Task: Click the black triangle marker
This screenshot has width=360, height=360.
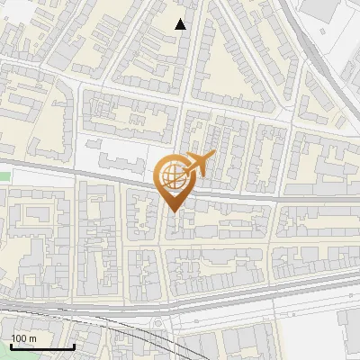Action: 181,24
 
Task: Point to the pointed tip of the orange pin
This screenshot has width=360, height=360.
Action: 173,211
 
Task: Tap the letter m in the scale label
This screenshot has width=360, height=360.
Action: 33,338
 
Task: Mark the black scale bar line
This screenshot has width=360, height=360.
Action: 42,346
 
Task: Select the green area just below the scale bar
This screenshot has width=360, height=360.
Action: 36,355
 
